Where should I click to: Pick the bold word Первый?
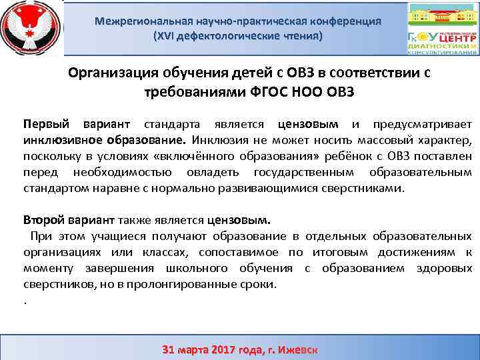[x=43, y=124]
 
